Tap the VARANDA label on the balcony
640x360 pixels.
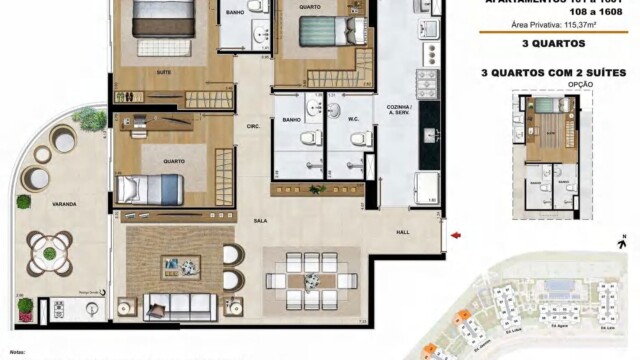[65, 203]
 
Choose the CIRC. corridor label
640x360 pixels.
[253, 125]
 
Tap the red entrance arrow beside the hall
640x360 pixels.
[456, 236]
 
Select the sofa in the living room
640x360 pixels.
[180, 305]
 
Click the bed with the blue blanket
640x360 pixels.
[150, 188]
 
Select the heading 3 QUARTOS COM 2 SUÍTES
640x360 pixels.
[553, 72]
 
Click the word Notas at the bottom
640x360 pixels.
[17, 353]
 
